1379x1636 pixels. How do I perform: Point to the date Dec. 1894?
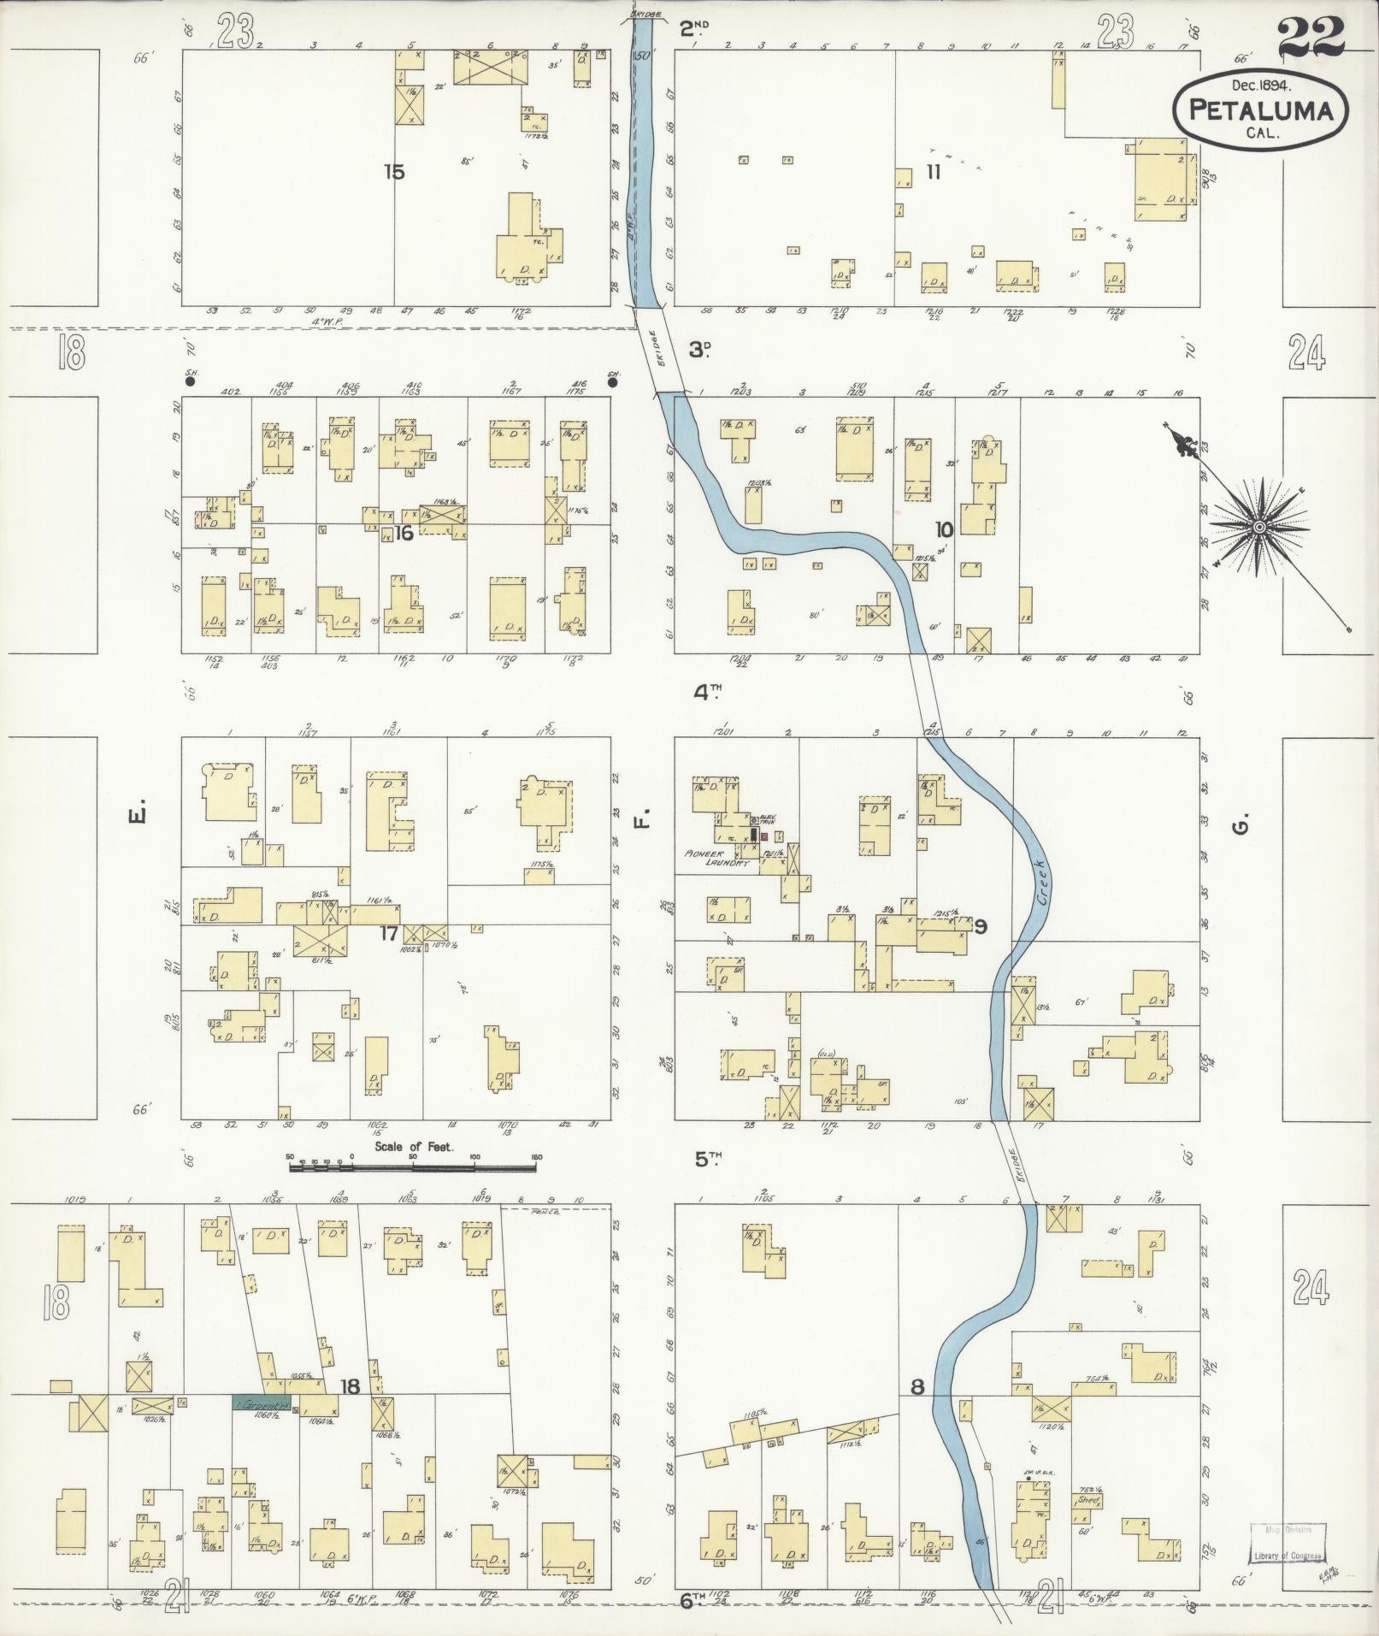coord(1260,85)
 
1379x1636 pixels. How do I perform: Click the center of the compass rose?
coord(1258,528)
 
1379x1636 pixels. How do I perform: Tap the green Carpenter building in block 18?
coord(261,1403)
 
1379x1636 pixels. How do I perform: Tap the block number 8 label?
coord(916,1387)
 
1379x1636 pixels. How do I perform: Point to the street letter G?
coord(1244,824)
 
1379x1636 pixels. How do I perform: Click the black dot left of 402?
coord(190,382)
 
